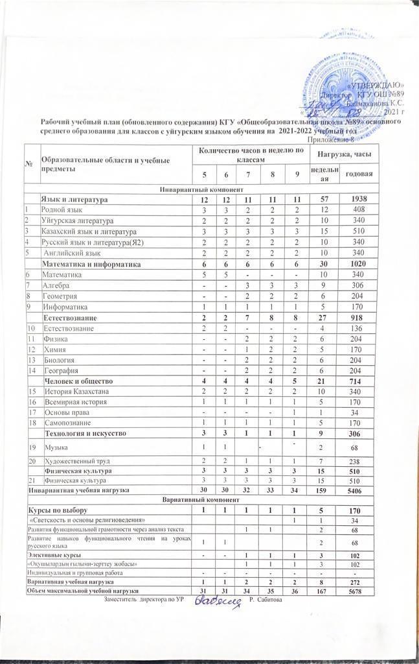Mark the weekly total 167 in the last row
(324, 591)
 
